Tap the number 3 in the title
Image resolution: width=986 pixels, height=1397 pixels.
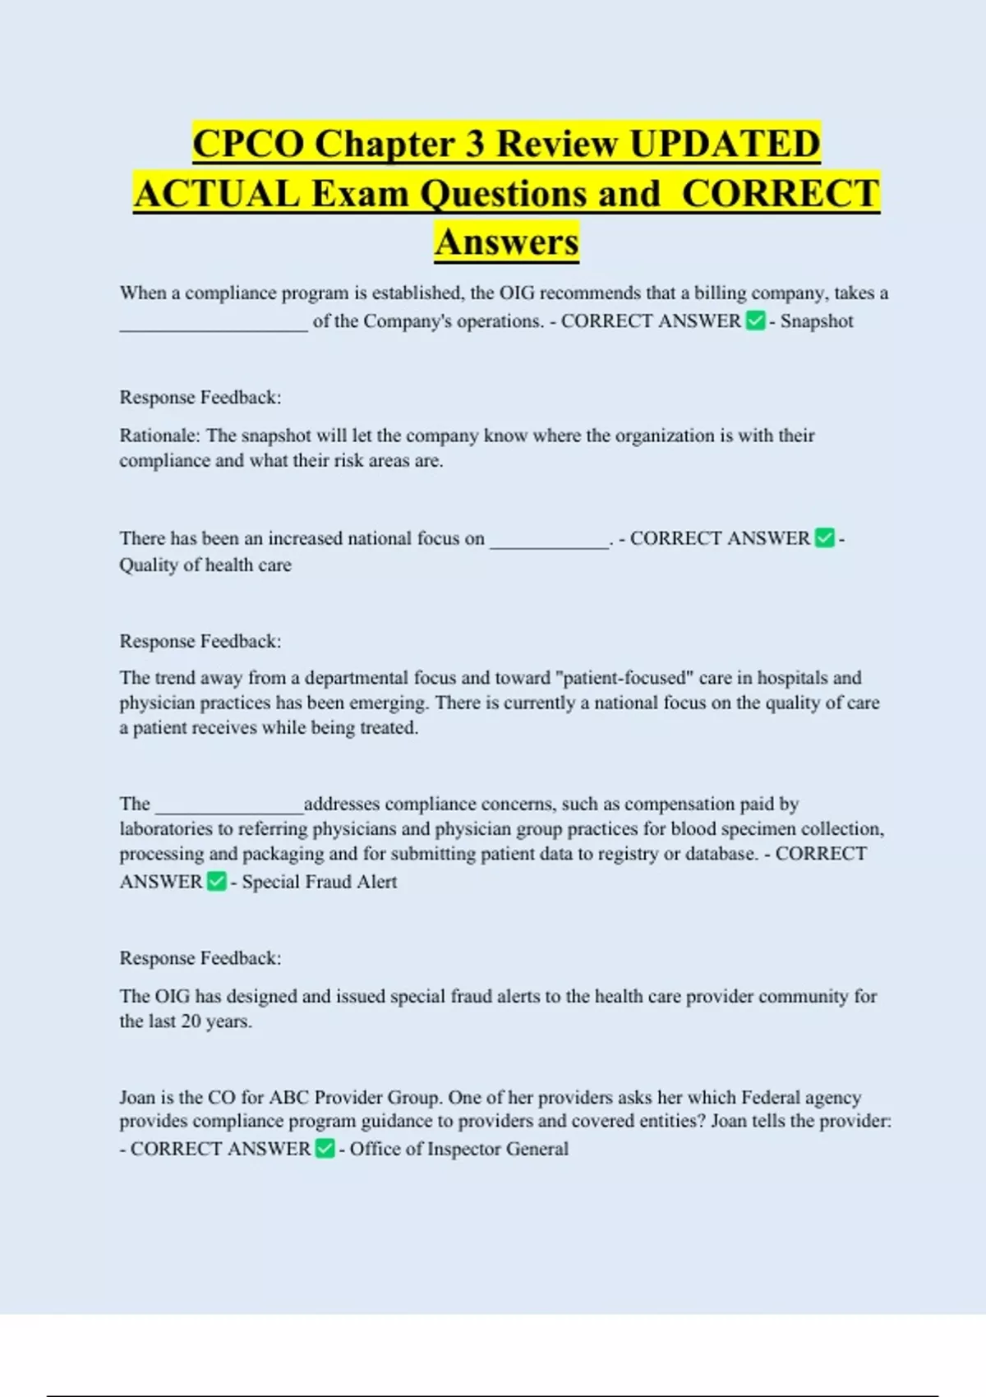tap(475, 144)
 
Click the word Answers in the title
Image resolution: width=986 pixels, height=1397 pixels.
tap(507, 242)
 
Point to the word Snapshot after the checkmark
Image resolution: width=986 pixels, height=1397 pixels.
tap(817, 321)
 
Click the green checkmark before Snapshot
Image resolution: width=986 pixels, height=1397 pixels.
tap(755, 321)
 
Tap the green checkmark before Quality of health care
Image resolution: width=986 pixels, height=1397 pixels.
tap(824, 538)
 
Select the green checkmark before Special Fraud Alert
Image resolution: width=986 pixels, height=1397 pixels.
tap(216, 882)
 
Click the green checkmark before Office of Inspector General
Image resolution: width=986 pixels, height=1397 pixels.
tap(325, 1149)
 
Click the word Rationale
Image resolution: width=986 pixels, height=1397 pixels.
tap(159, 436)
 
